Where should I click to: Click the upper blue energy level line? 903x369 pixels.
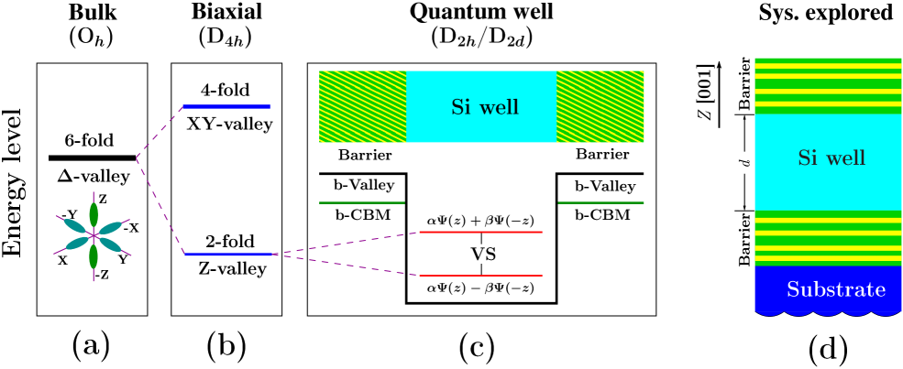[x=226, y=107]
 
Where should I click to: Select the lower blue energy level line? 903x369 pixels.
[x=230, y=254]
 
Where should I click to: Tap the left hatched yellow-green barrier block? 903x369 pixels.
[x=362, y=106]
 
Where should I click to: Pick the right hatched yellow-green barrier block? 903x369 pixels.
[x=600, y=106]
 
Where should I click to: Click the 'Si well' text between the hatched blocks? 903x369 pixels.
[x=484, y=108]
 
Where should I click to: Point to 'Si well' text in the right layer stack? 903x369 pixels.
[x=831, y=158]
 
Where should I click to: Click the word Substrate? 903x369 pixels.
[x=836, y=290]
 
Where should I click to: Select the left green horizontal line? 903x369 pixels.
[x=361, y=202]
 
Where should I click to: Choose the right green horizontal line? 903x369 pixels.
[x=600, y=202]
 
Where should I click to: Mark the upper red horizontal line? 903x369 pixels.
[x=480, y=233]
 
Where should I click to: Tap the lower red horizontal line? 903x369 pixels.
[x=480, y=275]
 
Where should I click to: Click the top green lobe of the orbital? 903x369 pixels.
[x=94, y=215]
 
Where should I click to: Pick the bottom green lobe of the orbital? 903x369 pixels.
[x=94, y=255]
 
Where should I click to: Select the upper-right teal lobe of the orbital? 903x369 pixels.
[x=111, y=227]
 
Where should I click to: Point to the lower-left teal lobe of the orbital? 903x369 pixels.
[x=77, y=244]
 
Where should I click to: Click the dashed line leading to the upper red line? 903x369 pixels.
[x=348, y=244]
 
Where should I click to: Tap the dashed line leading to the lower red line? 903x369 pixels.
[x=348, y=265]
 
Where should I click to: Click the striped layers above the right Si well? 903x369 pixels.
[x=828, y=85]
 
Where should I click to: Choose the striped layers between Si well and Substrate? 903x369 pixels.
[x=828, y=238]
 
